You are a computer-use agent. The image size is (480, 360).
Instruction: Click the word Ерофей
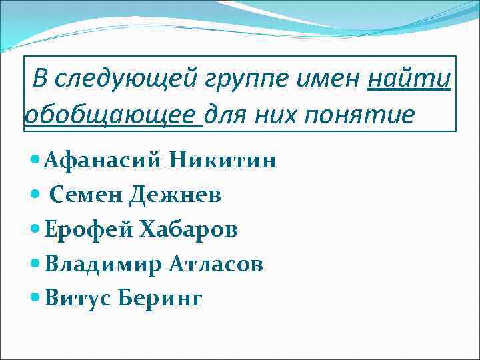pos(88,229)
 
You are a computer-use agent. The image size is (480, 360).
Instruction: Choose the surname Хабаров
pos(189,229)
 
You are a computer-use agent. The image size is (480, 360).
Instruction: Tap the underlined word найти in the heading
pos(409,79)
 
